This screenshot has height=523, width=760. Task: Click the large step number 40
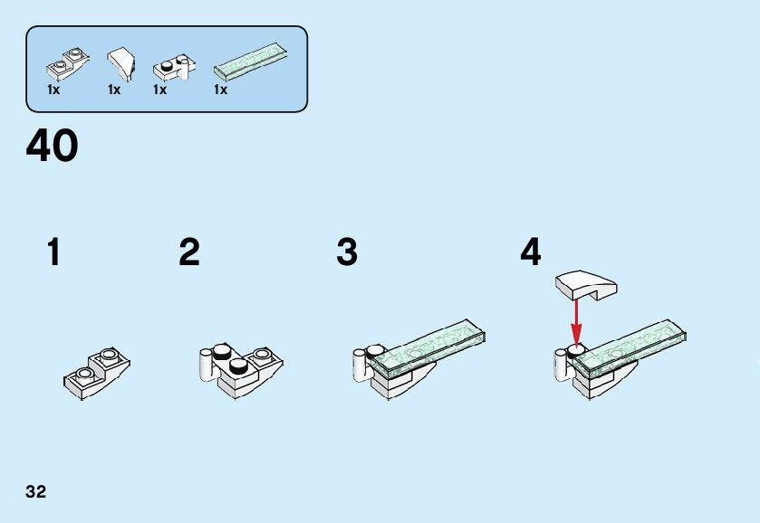pos(53,147)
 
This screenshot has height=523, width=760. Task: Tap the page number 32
pos(36,492)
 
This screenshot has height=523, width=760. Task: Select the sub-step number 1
pos(53,252)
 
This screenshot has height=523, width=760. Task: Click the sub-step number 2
pos(188,252)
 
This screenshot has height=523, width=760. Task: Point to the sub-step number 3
pos(347,252)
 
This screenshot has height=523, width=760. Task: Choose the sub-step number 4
pos(530,252)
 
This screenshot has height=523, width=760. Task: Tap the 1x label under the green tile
pos(220,90)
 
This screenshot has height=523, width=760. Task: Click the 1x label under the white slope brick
pos(114,90)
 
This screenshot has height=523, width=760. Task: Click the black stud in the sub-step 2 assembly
pos(237,366)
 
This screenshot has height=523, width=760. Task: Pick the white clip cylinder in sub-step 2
pos(207,365)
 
